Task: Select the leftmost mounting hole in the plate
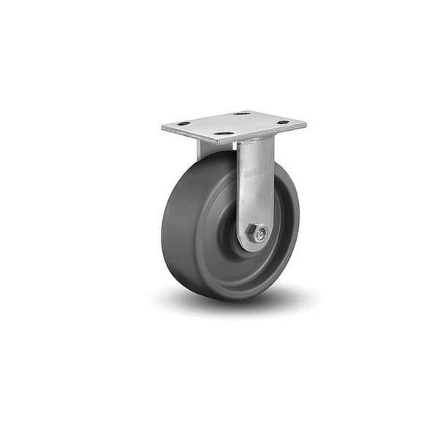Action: coord(183,124)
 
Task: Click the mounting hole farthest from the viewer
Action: coord(241,113)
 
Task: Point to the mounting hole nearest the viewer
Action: coord(224,134)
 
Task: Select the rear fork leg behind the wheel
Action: coord(204,149)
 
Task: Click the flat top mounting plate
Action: coord(234,124)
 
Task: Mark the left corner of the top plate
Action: coord(163,128)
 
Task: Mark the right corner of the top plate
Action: coord(305,124)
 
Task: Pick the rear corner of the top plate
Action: coord(252,111)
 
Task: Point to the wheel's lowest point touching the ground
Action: coord(219,298)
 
